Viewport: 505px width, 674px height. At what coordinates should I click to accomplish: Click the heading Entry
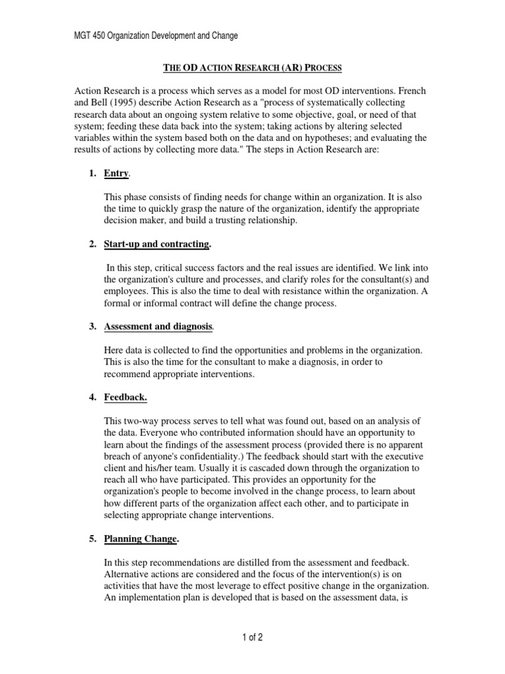[116, 173]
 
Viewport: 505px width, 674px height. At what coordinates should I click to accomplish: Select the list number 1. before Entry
[93, 173]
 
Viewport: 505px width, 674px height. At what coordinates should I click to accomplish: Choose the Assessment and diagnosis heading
[158, 327]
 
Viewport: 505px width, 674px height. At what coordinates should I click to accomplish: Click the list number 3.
[93, 327]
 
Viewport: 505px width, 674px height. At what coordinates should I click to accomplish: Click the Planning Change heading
[141, 539]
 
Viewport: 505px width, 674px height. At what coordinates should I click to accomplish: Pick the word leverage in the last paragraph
[241, 586]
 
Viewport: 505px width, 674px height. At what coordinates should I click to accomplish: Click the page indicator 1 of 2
[252, 637]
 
